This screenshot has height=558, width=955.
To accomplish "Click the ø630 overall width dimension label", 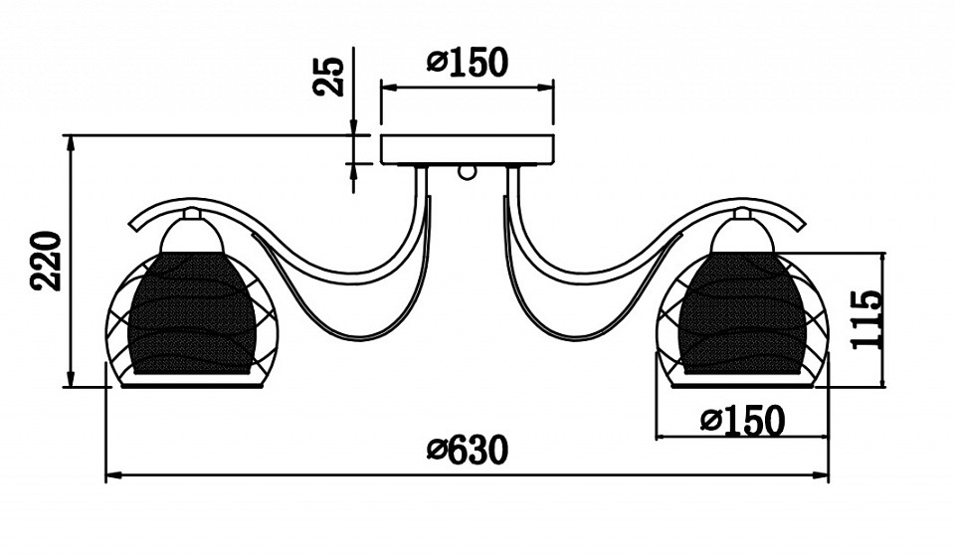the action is point(468,451).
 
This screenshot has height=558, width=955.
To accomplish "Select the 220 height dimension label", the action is point(47,261).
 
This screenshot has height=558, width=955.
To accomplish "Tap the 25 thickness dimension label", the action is point(329,77).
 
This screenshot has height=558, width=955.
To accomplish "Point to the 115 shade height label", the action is point(866,319).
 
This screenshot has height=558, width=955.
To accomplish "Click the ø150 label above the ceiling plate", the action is point(468,62).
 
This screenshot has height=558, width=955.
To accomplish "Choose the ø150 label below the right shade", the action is point(742,421).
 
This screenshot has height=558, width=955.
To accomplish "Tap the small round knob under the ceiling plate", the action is point(468,172).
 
